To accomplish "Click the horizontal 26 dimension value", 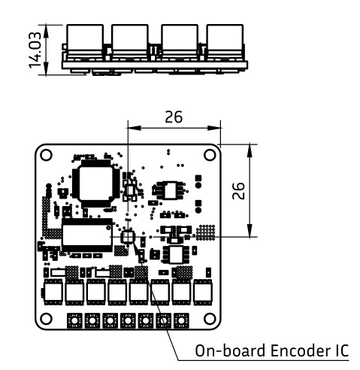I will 173,117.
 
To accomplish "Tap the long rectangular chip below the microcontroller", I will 88,236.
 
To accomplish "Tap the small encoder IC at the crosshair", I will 128,238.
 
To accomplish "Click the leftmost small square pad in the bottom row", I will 74,321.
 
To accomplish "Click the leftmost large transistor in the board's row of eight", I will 53,290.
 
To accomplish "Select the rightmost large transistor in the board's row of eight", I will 203,290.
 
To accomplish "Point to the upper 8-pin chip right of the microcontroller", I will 171,190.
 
